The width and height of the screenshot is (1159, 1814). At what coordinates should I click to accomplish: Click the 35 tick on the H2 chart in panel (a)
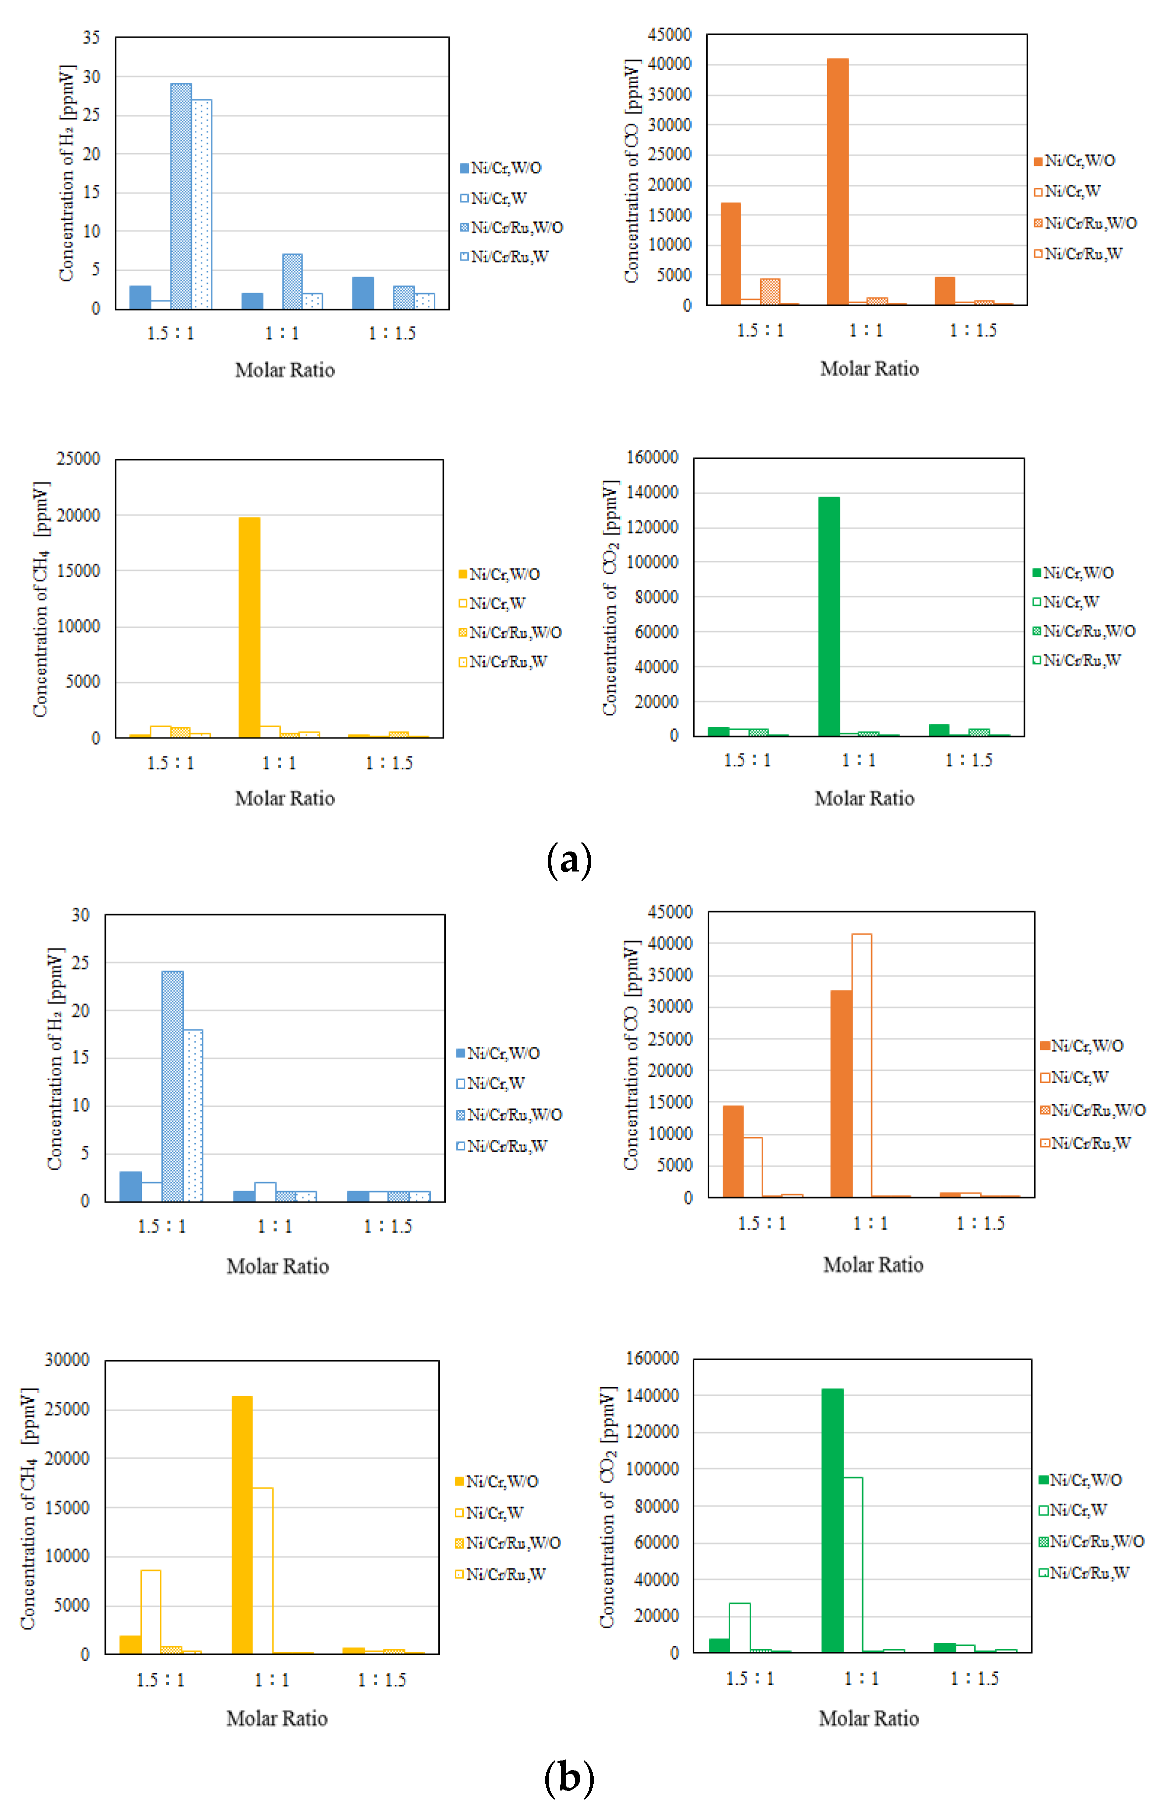[x=91, y=37]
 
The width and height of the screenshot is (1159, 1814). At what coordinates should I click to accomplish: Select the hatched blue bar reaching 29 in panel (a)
[x=181, y=196]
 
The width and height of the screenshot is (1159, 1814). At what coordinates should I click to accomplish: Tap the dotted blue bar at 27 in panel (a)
[x=202, y=203]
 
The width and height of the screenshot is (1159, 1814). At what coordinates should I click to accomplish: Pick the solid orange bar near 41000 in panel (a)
[x=838, y=181]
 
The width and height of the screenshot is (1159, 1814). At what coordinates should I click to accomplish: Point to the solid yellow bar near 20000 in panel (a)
[x=249, y=627]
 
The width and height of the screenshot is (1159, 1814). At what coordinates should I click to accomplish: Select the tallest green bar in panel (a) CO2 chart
[x=829, y=615]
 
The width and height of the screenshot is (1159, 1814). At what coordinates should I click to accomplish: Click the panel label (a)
[x=569, y=859]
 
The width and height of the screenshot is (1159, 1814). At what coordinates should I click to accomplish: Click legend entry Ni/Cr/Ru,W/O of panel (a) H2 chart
[x=512, y=227]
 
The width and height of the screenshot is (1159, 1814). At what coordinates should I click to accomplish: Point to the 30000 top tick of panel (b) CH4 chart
[x=67, y=1359]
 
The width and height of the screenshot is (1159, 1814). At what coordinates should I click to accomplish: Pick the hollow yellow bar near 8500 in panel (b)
[x=150, y=1611]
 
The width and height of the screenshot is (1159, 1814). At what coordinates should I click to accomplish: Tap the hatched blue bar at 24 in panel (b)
[x=172, y=1085]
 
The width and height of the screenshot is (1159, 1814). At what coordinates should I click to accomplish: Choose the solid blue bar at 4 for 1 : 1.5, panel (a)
[x=363, y=293]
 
